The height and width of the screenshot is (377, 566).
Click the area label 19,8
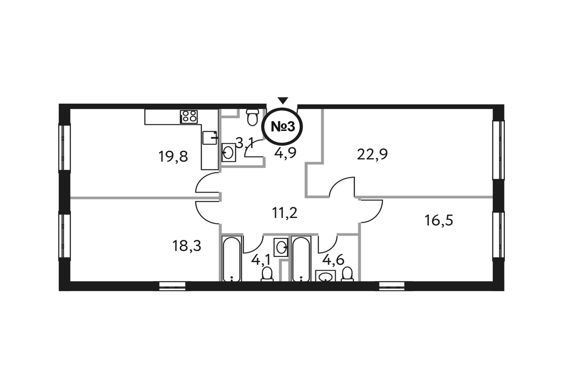pyautogui.click(x=173, y=156)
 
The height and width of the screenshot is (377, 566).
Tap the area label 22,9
pyautogui.click(x=372, y=155)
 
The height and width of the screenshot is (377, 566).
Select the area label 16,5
pyautogui.click(x=438, y=220)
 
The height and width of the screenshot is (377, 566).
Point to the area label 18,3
pyautogui.click(x=187, y=246)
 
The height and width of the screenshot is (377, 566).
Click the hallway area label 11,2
pyautogui.click(x=285, y=213)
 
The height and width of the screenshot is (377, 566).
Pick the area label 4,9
pyautogui.click(x=285, y=153)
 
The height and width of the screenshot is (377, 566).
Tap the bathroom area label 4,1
pyautogui.click(x=260, y=260)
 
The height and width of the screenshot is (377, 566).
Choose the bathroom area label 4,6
pyautogui.click(x=333, y=260)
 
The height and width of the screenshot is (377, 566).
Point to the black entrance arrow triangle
pyautogui.click(x=283, y=101)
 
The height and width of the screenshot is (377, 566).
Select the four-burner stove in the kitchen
pyautogui.click(x=189, y=116)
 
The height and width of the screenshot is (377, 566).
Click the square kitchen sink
pyautogui.click(x=210, y=138)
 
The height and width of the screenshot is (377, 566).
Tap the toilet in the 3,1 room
pyautogui.click(x=252, y=117)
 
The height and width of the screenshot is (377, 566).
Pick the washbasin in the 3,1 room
pyautogui.click(x=229, y=153)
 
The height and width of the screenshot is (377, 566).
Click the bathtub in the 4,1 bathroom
pyautogui.click(x=232, y=259)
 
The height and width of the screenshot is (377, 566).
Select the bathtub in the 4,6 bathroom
pyautogui.click(x=301, y=259)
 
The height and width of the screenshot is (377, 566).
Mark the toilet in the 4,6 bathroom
pyautogui.click(x=347, y=274)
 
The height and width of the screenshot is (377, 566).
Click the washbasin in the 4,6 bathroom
pyautogui.click(x=325, y=276)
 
